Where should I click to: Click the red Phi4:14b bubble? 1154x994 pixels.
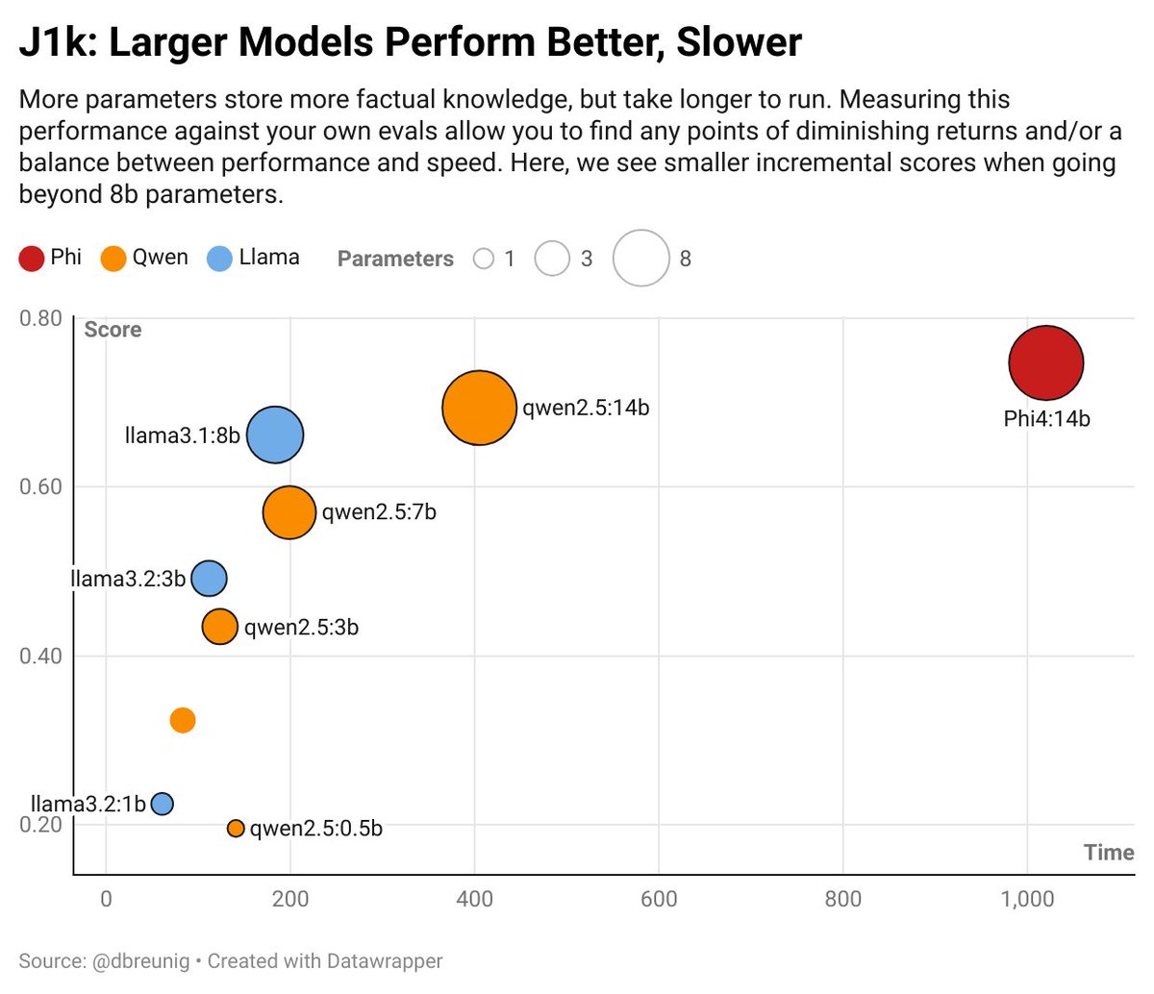coord(1046,362)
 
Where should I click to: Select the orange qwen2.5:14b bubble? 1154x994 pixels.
coord(479,408)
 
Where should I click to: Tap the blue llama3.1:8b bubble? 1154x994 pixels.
coord(275,435)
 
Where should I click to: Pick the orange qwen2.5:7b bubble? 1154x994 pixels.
coord(289,512)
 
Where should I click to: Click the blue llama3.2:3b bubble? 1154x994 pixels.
coord(209,579)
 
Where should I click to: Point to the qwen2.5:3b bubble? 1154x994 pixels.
coord(220,627)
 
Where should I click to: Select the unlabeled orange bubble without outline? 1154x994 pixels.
coord(183,720)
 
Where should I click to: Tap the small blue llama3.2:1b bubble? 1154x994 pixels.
coord(163,804)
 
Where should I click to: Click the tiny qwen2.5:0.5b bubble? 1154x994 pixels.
coord(236,829)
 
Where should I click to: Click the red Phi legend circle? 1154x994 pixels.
coord(32,259)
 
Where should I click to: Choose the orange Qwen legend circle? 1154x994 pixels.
coord(113,259)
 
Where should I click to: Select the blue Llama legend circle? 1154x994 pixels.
coord(220,259)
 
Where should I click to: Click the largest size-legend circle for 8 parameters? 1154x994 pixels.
coord(640,259)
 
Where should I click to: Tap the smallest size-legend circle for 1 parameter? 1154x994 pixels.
coord(484,259)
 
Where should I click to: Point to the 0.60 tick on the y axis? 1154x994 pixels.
coord(40,486)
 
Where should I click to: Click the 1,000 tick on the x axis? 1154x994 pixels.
coord(1027,900)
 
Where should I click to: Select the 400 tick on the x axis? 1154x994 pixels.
coord(474,900)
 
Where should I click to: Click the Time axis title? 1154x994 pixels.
coord(1108,853)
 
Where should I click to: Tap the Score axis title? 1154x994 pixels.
coord(113,330)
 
